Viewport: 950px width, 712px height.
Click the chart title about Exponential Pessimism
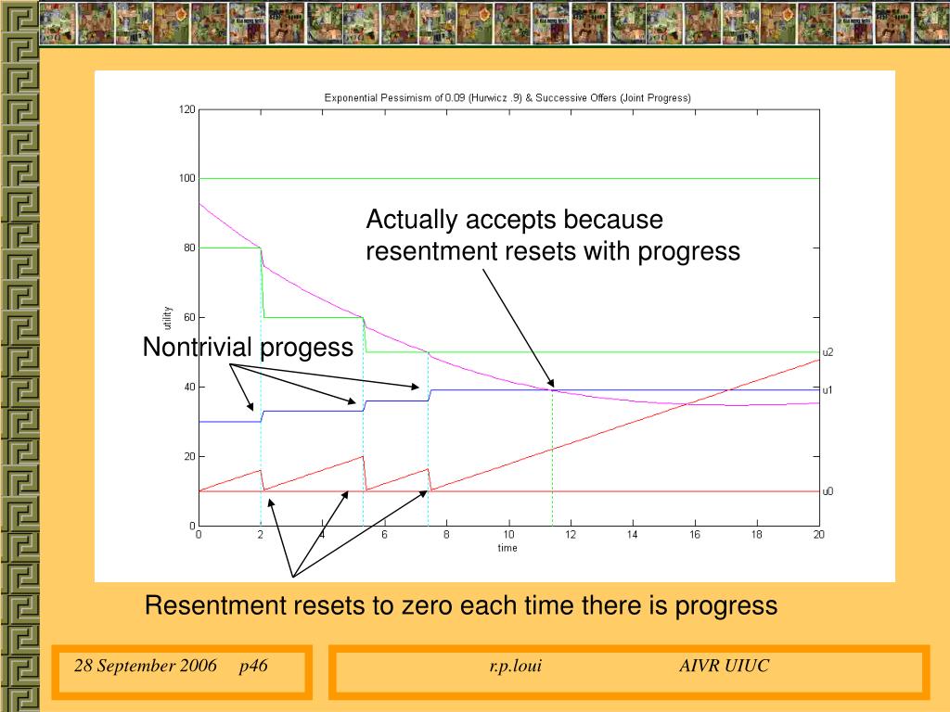pyautogui.click(x=507, y=97)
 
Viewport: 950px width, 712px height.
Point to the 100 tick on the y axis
pyautogui.click(x=187, y=178)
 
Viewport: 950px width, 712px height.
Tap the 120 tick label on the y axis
pyautogui.click(x=187, y=109)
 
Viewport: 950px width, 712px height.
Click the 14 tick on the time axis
pyautogui.click(x=633, y=534)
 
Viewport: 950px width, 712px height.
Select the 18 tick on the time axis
pyautogui.click(x=757, y=534)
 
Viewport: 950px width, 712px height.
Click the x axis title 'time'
pyautogui.click(x=507, y=548)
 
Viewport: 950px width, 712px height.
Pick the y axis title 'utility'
pyautogui.click(x=167, y=318)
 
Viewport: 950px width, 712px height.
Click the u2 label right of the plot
pyautogui.click(x=828, y=352)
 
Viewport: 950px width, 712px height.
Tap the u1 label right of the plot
pyautogui.click(x=828, y=390)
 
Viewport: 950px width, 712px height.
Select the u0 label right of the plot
pyautogui.click(x=828, y=491)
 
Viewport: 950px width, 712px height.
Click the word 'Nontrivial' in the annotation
pyautogui.click(x=197, y=347)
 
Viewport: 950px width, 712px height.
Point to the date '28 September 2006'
pyautogui.click(x=146, y=666)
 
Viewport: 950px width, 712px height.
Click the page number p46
pyautogui.click(x=253, y=666)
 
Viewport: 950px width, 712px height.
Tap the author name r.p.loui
pyautogui.click(x=515, y=666)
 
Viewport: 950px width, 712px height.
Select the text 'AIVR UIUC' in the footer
pyautogui.click(x=724, y=666)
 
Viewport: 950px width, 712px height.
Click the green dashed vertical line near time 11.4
pyautogui.click(x=552, y=458)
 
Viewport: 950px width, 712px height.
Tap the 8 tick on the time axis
pyautogui.click(x=446, y=534)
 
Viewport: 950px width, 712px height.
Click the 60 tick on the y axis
pyautogui.click(x=189, y=317)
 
